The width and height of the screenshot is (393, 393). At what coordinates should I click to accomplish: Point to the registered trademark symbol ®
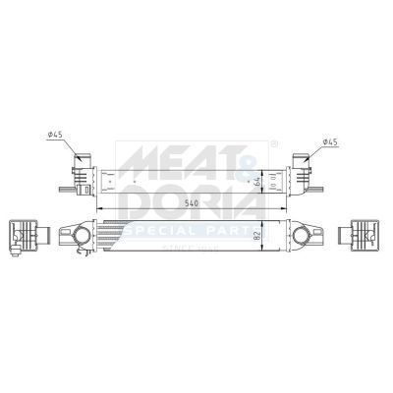coord(274,143)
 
